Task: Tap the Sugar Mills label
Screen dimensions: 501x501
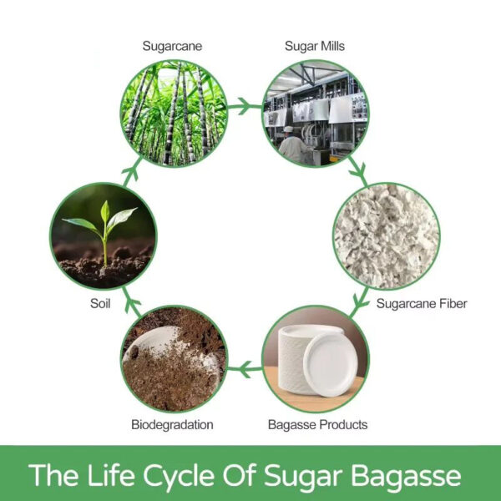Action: coord(315,48)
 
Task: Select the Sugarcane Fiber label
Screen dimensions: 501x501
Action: coord(421,303)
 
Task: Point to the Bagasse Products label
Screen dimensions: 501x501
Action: coord(317,425)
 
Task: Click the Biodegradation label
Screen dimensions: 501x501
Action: coord(172,425)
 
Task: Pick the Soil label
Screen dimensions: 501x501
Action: coord(100,303)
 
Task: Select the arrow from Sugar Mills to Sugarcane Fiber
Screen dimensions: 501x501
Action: coord(358,171)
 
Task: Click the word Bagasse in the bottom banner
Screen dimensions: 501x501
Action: coord(405,475)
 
